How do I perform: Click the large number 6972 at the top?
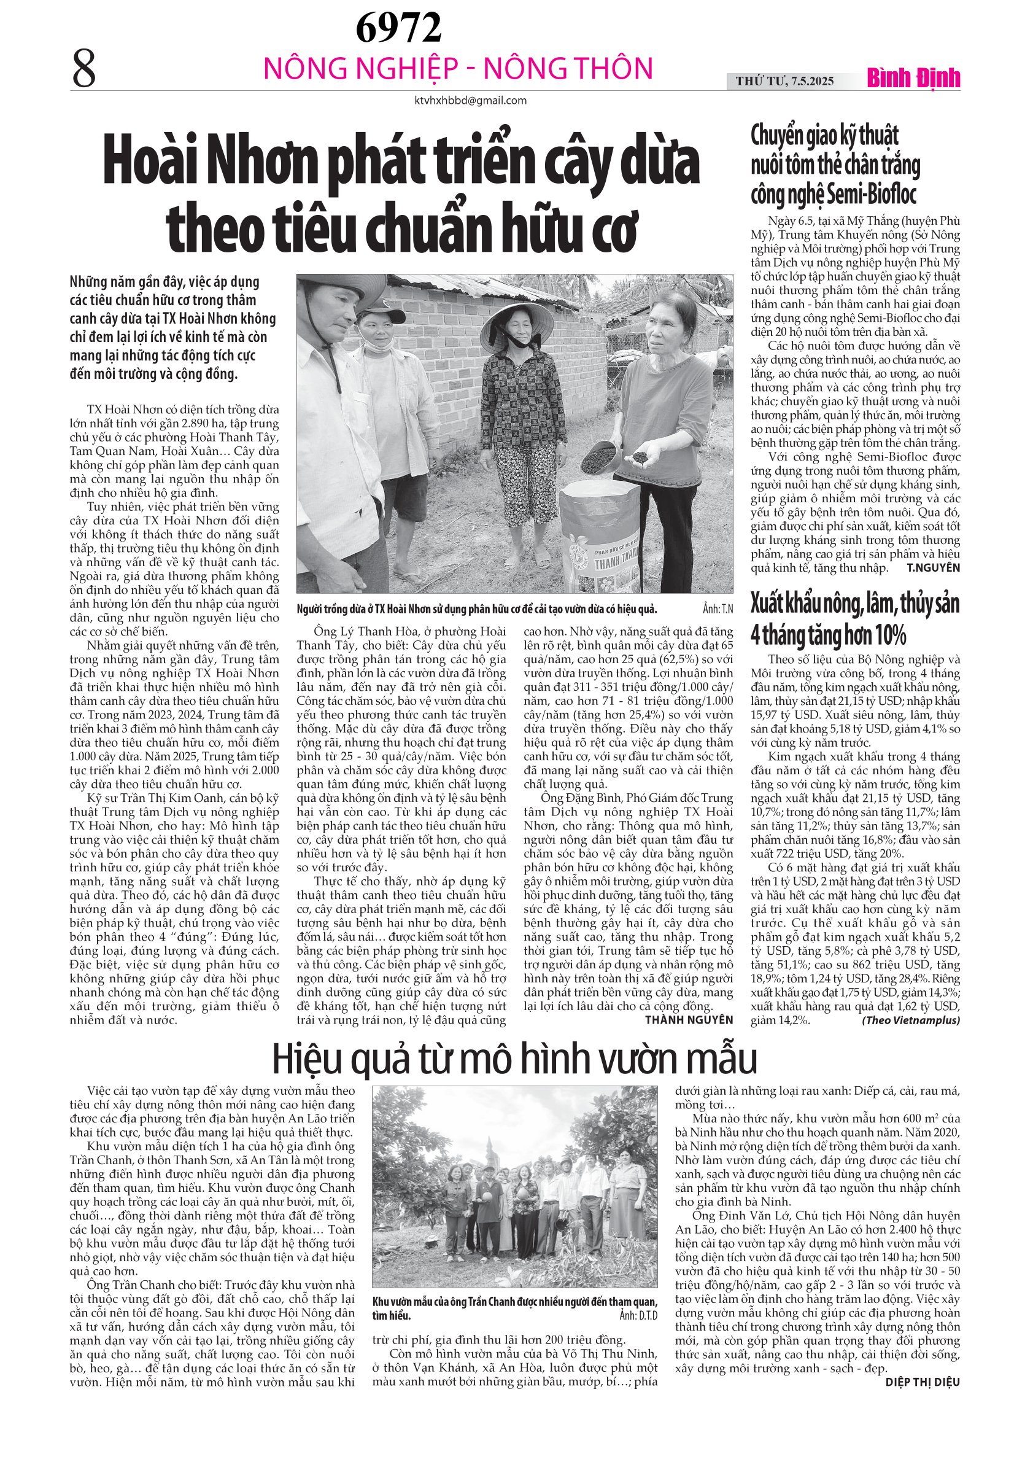(x=398, y=28)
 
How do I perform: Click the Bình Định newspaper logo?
(x=913, y=79)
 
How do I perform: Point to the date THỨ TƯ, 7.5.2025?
(x=784, y=81)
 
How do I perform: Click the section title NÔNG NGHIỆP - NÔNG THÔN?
(x=458, y=69)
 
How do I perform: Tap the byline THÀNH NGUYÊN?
(x=689, y=1019)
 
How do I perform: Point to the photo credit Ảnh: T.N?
(x=718, y=609)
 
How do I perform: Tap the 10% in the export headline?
(x=883, y=636)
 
